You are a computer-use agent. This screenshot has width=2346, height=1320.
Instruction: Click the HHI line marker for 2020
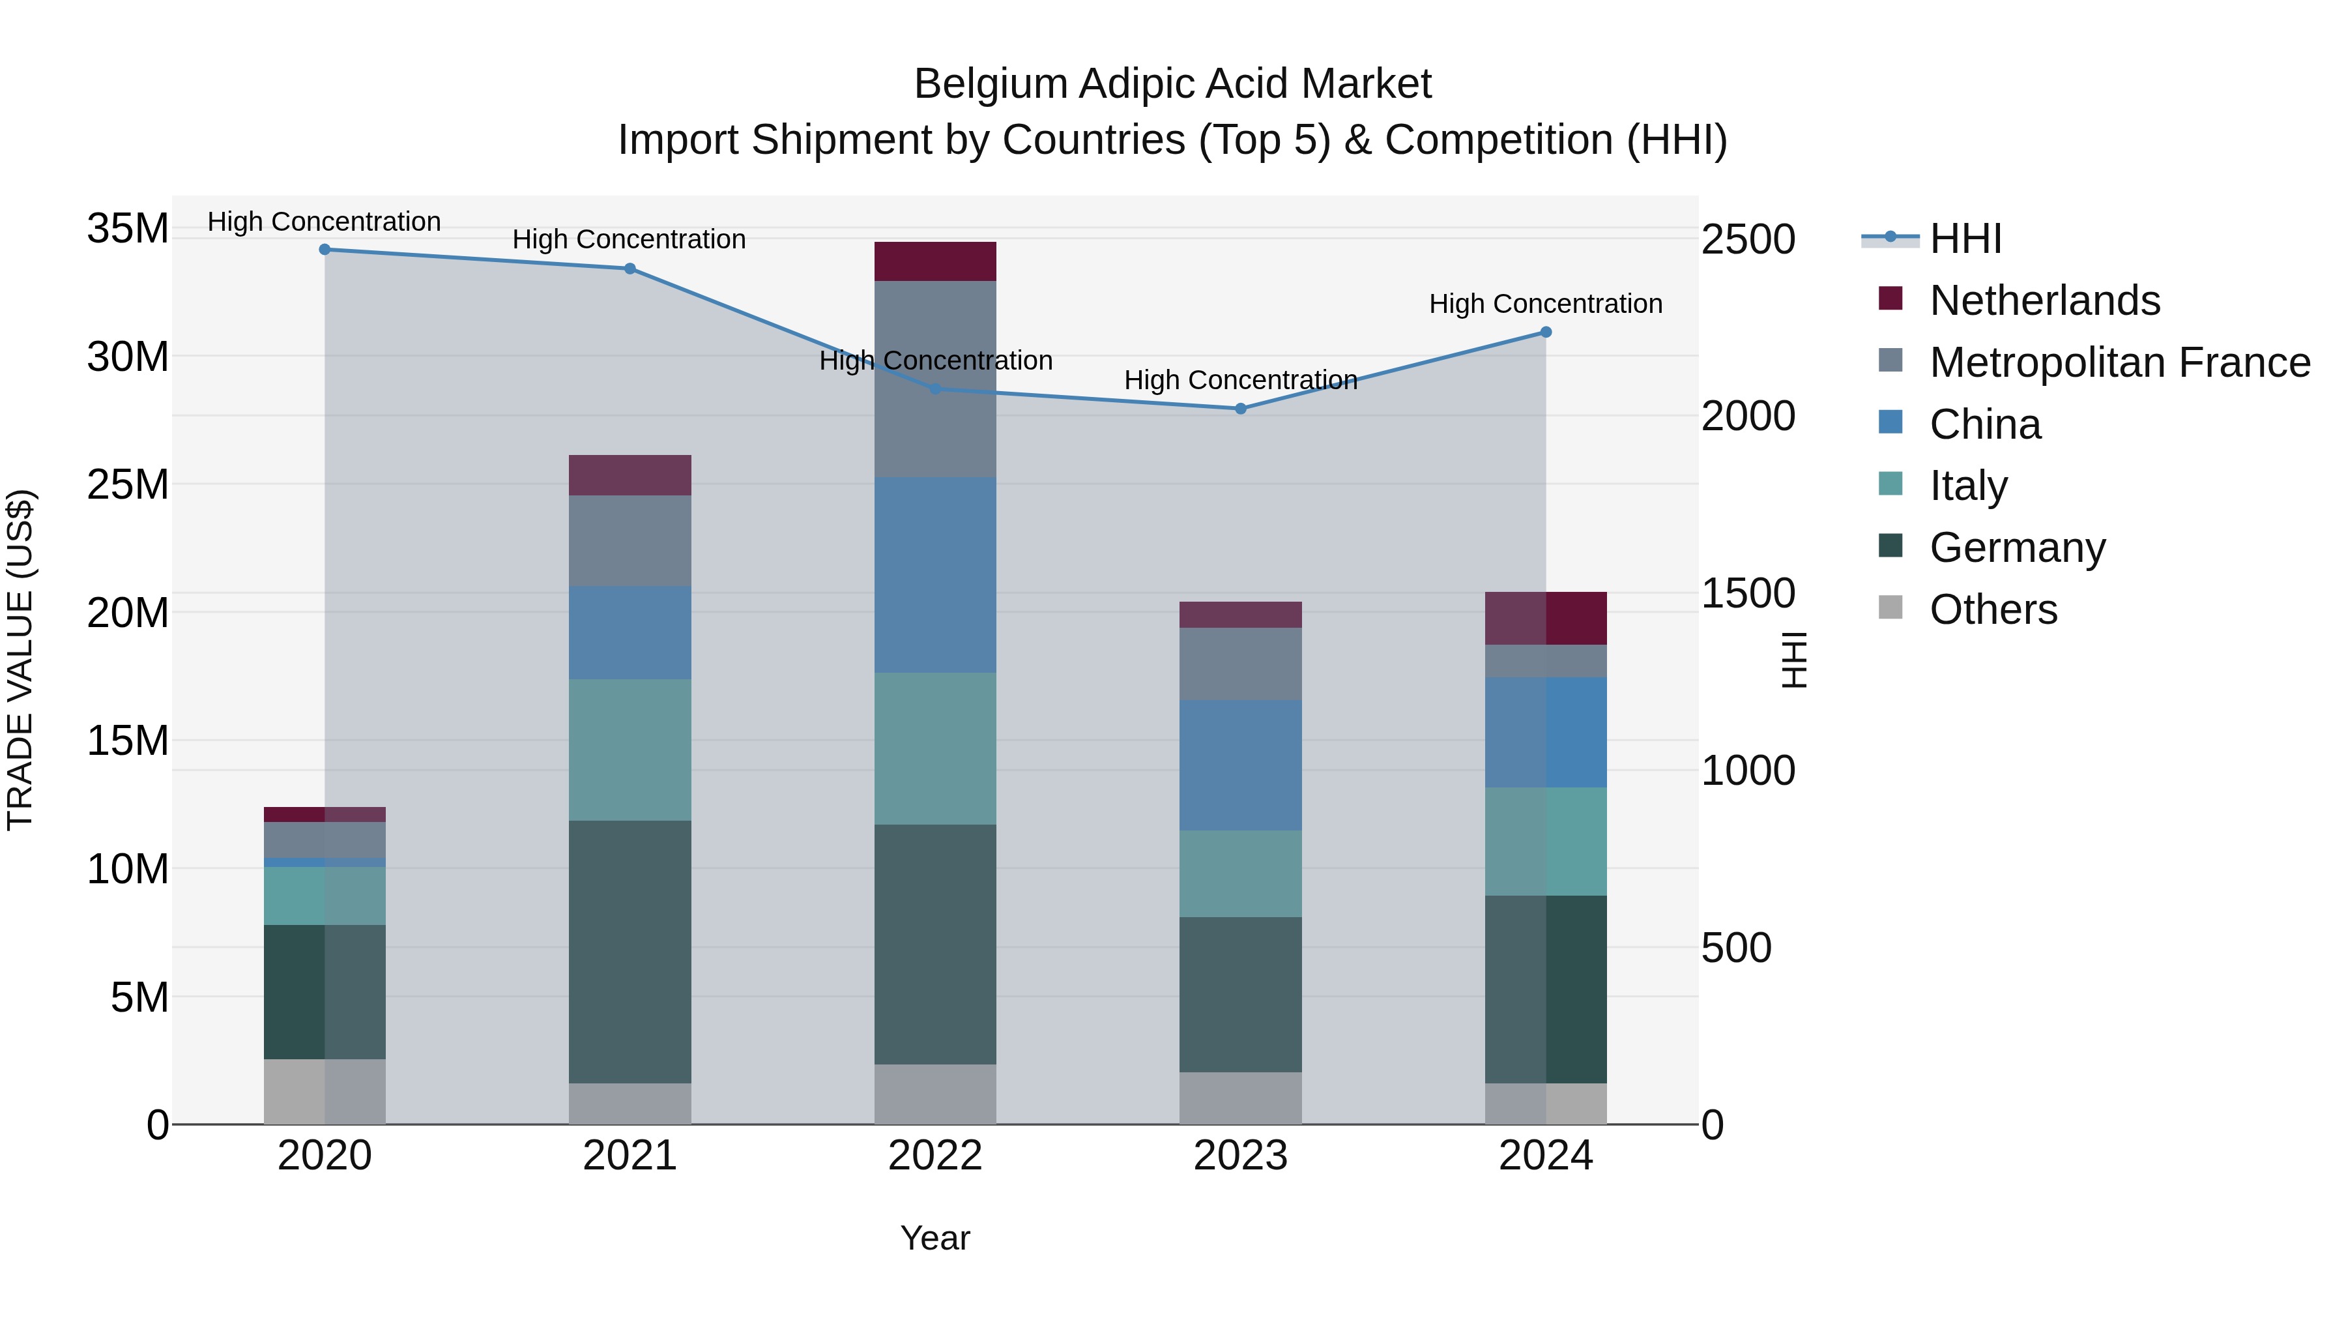325,250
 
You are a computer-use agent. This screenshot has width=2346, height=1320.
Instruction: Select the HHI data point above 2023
1240,409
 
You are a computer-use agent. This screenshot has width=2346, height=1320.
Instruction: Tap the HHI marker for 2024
1546,332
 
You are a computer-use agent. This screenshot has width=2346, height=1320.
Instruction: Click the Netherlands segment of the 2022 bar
935,261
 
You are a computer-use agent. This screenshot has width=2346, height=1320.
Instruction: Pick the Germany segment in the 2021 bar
630,952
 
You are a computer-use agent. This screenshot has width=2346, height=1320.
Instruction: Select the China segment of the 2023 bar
1240,765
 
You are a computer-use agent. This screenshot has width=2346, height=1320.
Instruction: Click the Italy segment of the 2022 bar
935,749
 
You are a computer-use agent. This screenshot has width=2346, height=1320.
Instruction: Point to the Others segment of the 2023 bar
1240,1098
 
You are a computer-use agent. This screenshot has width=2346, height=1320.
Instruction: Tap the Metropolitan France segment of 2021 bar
630,541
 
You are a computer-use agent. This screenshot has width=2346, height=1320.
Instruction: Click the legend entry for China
1986,424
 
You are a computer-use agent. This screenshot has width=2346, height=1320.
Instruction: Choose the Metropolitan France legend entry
2119,362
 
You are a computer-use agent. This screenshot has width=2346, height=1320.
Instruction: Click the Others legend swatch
1890,608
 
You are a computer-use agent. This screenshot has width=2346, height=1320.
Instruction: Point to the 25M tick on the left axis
128,484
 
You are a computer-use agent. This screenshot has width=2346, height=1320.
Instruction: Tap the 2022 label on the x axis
935,1157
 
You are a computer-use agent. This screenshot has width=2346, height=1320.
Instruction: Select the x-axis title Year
935,1239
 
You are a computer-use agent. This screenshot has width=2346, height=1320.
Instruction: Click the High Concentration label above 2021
630,240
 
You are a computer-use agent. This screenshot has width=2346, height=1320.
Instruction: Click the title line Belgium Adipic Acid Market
1172,84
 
